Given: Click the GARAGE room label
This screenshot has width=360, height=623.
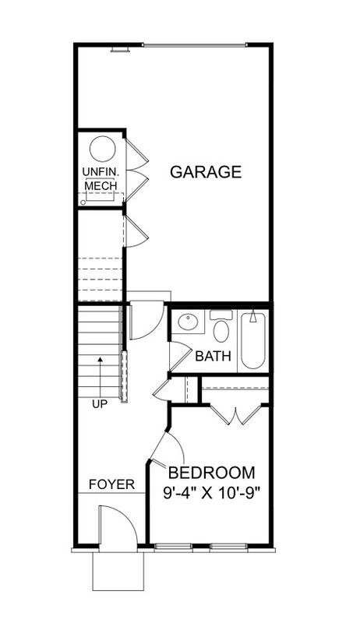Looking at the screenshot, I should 206,172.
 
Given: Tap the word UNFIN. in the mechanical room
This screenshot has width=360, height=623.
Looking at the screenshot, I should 101,172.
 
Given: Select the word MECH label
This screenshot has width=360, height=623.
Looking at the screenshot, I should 101,185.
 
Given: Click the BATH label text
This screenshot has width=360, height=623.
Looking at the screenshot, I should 213,357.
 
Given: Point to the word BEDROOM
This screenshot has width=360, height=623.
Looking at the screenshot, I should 212,473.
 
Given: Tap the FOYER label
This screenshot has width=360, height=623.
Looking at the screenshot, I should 111,484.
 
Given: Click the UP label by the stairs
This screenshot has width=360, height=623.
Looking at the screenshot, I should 100,403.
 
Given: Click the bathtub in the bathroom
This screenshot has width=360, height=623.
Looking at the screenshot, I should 253,340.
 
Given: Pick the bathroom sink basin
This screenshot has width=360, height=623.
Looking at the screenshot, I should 188,322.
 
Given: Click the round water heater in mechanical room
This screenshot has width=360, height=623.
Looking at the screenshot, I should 101,149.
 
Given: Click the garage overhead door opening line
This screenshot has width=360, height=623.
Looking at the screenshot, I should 195,44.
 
